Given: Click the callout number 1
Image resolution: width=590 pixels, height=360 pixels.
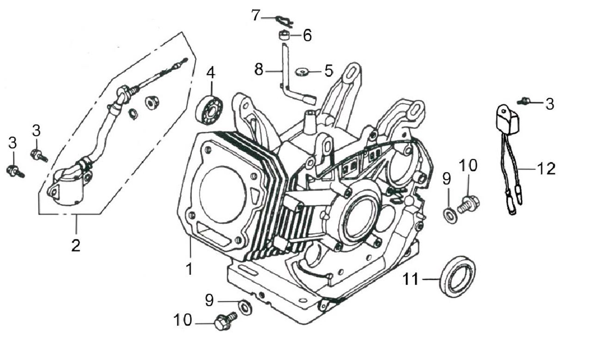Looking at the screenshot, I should coord(189,268).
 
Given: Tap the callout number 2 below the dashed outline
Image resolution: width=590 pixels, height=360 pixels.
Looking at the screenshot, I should coord(76,245).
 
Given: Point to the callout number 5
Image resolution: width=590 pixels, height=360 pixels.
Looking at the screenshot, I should coord(328,71).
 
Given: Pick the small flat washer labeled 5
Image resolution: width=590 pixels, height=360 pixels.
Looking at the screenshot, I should coord(302,72).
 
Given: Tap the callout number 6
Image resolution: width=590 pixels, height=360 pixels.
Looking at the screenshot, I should coord(307,35).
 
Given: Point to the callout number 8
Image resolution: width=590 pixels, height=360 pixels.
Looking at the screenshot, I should coord(259,70).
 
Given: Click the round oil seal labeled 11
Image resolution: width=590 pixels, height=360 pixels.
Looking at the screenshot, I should coord(457,276).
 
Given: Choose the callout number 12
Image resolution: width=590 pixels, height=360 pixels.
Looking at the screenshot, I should coord(546,169).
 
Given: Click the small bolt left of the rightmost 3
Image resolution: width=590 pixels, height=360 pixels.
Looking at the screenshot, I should coord(525,100).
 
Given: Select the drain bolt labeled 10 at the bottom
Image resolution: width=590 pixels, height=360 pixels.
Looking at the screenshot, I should coord(225,320).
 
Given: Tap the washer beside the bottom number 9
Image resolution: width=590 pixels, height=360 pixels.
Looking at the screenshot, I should coord(245,306).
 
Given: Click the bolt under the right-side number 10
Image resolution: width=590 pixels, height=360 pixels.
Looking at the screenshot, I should coord(468,203).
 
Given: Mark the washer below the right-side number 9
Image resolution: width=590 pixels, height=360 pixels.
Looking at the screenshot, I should coord(449,215).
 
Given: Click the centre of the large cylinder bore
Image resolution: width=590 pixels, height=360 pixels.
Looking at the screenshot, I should coord(223,194).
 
